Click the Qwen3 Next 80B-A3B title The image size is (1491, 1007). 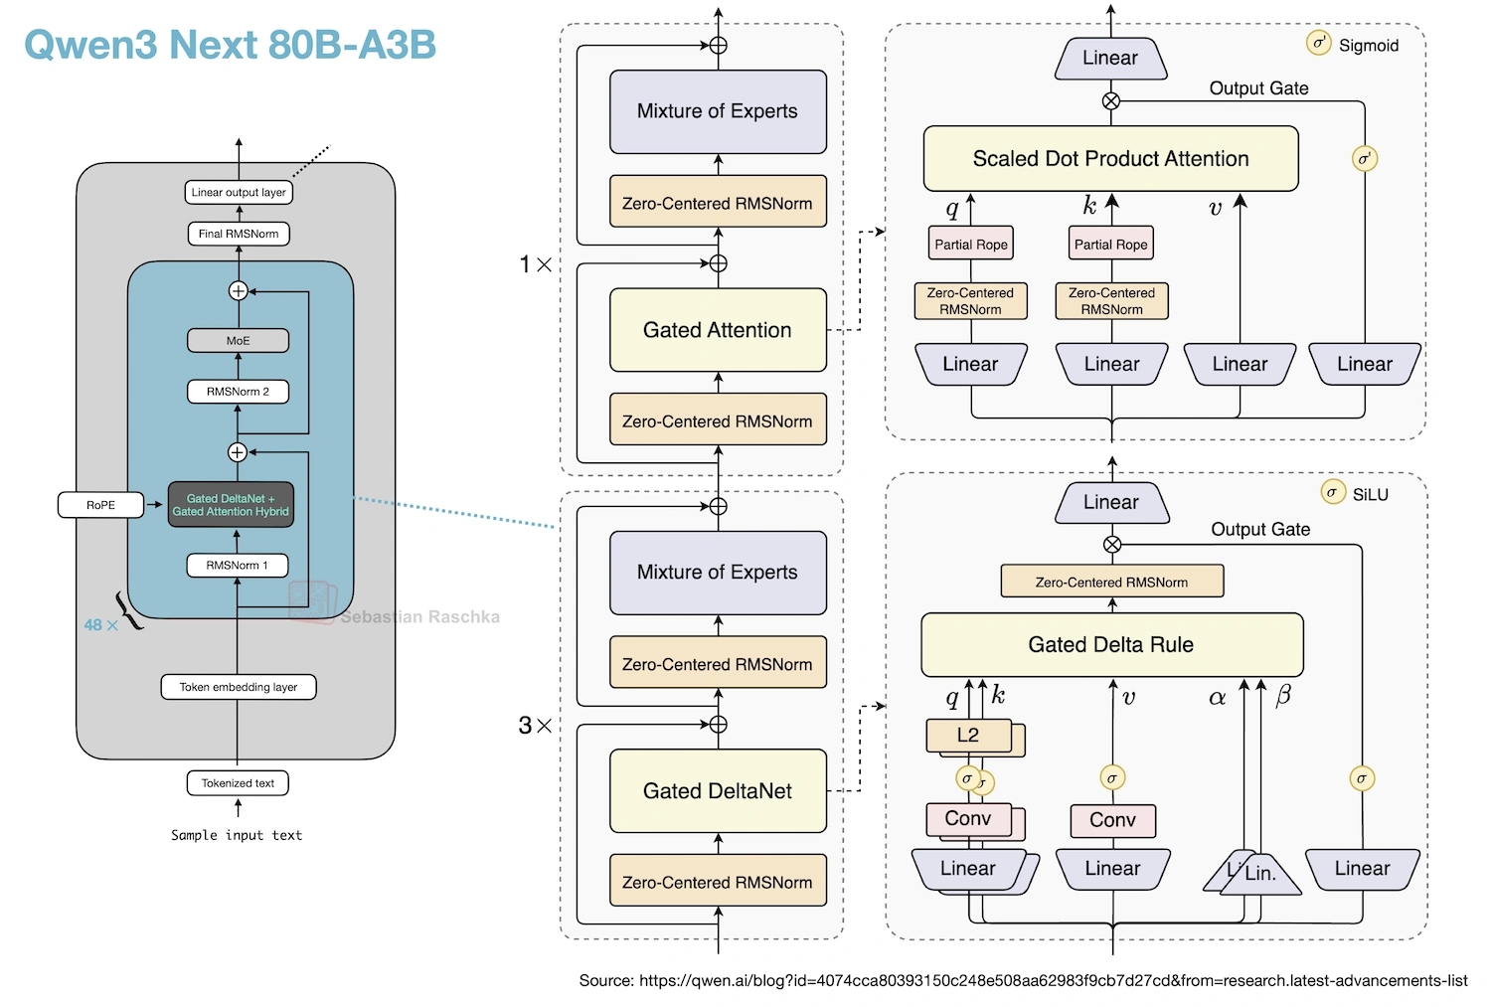[x=230, y=45]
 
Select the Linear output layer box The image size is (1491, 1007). [x=239, y=192]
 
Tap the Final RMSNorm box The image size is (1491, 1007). [x=239, y=234]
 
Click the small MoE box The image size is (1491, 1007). [x=239, y=340]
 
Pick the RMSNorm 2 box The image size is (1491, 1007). [x=239, y=392]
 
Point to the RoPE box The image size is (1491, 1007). [x=100, y=505]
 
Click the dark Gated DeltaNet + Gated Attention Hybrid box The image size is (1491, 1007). [x=231, y=505]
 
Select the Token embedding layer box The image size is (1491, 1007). [x=239, y=687]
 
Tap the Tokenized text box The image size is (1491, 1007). [x=238, y=783]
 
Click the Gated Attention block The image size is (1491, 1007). [x=718, y=330]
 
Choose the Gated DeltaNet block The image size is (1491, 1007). [x=718, y=791]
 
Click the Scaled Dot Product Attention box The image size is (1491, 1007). [x=1110, y=159]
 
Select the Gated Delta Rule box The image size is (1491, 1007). [x=1111, y=644]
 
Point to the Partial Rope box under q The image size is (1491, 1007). [x=971, y=244]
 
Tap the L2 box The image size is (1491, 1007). [x=968, y=736]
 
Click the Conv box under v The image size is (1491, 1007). [x=1112, y=820]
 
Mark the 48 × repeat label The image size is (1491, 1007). [x=100, y=625]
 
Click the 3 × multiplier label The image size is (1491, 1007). [x=535, y=726]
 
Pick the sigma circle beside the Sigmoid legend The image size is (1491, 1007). [x=1318, y=43]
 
